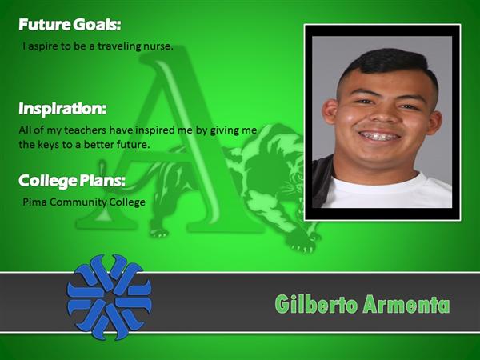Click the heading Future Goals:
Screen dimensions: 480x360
point(70,25)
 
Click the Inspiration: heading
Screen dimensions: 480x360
point(62,109)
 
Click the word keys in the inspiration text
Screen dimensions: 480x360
point(48,145)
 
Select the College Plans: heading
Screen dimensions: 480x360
point(72,181)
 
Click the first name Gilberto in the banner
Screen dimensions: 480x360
point(316,304)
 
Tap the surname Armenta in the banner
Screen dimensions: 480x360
point(406,305)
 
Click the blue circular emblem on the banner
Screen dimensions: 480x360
point(110,297)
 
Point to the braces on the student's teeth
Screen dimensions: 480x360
point(379,136)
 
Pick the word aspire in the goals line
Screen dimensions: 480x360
point(43,47)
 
